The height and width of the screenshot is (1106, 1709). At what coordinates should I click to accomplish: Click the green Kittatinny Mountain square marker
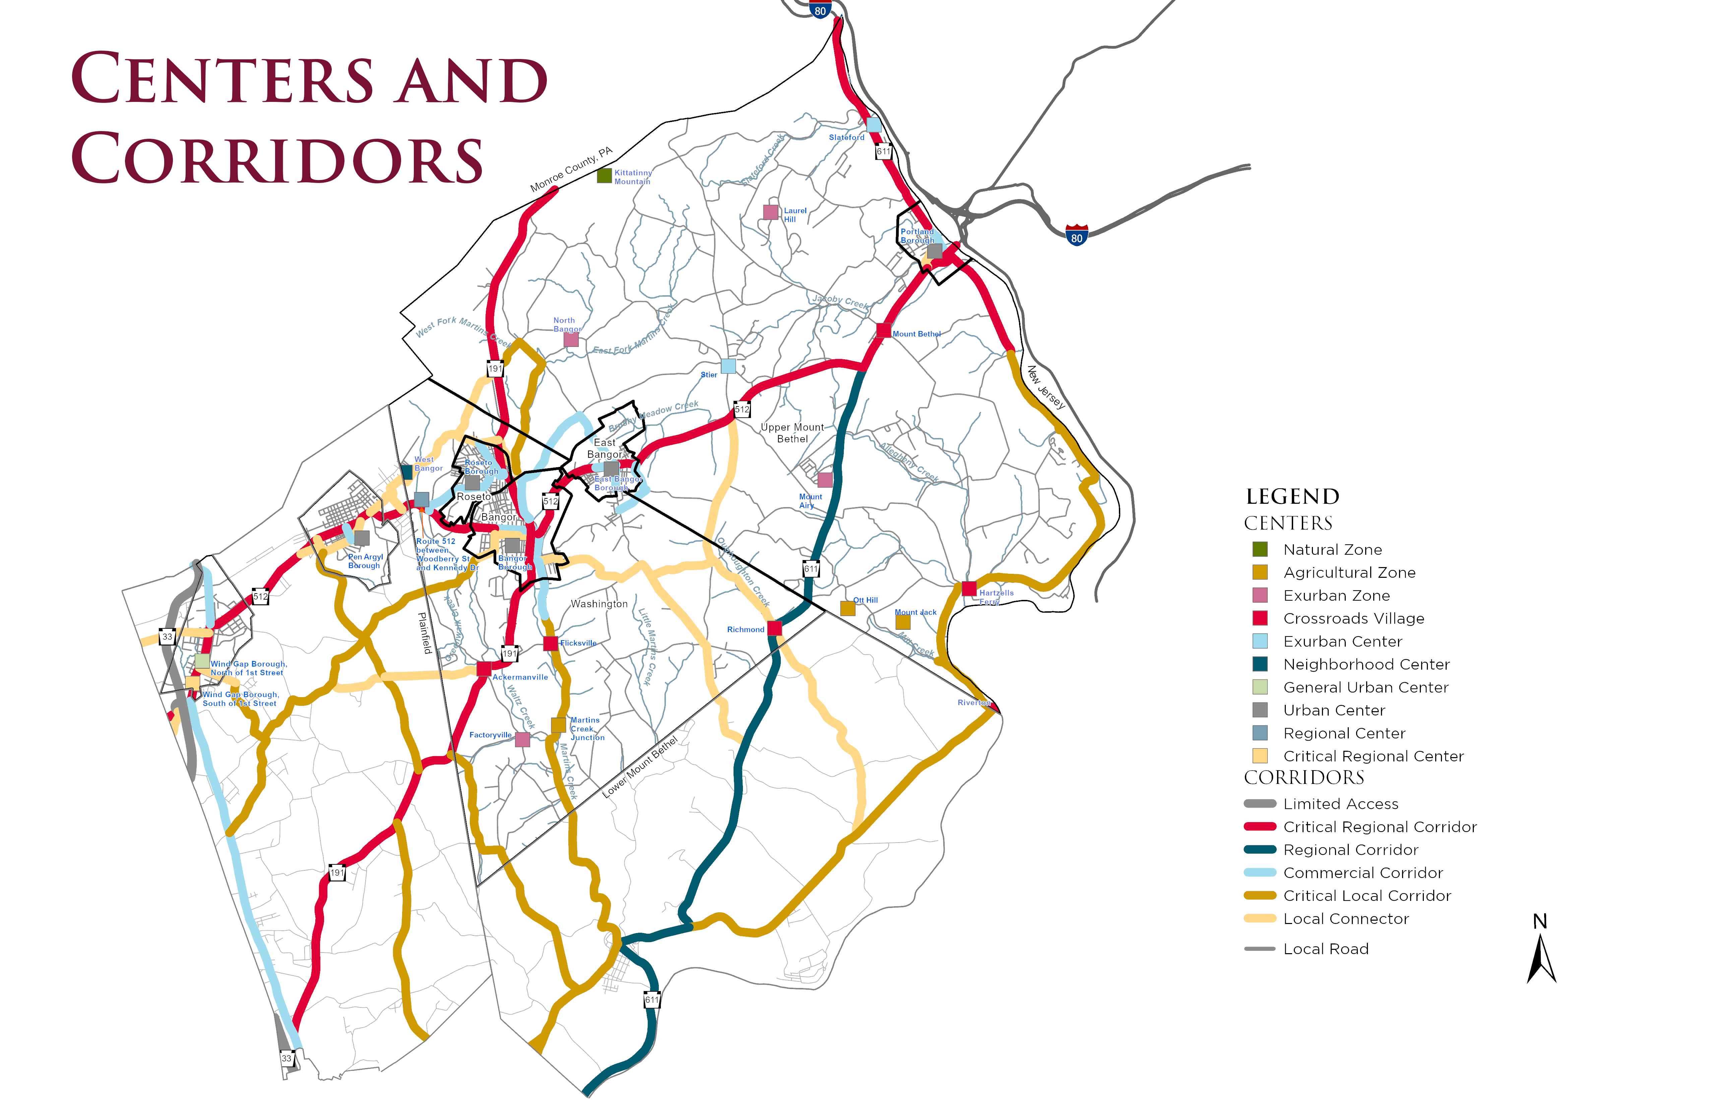tap(605, 175)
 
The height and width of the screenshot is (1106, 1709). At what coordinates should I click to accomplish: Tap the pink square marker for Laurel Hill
tap(770, 212)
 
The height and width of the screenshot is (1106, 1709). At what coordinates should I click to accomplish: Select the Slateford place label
tap(846, 137)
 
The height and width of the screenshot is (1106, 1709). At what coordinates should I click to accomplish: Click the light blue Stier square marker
tap(728, 366)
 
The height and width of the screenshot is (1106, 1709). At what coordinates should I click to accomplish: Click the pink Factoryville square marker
tap(523, 739)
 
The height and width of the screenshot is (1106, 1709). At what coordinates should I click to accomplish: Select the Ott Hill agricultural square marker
tap(848, 608)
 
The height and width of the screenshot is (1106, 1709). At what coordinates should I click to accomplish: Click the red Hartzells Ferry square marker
tap(969, 589)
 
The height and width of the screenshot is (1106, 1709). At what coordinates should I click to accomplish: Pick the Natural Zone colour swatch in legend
tap(1260, 549)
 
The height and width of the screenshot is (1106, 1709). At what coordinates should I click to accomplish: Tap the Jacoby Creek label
tap(840, 302)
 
